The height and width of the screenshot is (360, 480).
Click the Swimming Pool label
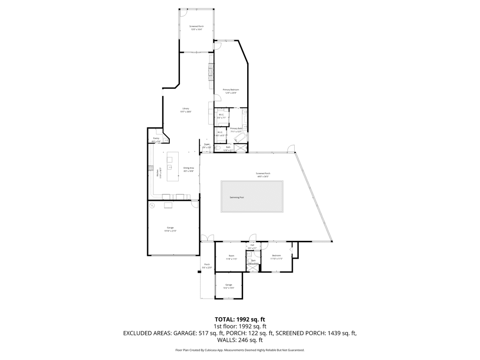pyautogui.click(x=237, y=197)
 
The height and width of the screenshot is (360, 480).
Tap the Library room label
pyautogui.click(x=186, y=108)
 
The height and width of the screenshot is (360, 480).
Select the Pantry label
pyautogui.click(x=156, y=138)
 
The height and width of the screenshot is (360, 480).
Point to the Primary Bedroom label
pyautogui.click(x=231, y=90)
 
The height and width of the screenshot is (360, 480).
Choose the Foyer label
pyautogui.click(x=207, y=144)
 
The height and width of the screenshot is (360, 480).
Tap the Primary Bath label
pyautogui.click(x=236, y=128)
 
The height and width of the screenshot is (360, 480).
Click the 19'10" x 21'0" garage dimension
pyautogui.click(x=170, y=231)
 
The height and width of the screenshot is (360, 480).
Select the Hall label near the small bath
pyautogui.click(x=252, y=245)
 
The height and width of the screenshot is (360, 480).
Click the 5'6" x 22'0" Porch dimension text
pyautogui.click(x=207, y=268)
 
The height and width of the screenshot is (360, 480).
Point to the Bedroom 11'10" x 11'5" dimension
pyautogui.click(x=276, y=259)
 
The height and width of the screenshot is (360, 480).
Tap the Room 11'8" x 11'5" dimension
pyautogui.click(x=231, y=259)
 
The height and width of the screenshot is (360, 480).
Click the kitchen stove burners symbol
pyautogui.click(x=150, y=168)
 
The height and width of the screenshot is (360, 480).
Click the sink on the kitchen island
pyautogui.click(x=170, y=167)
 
